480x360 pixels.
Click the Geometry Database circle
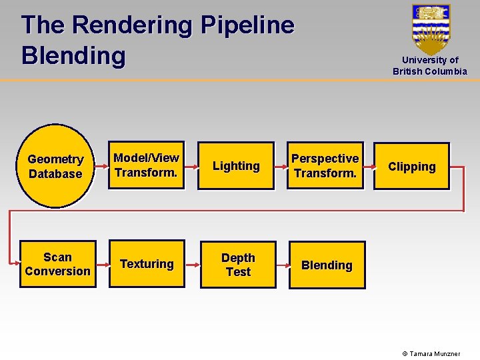(55, 166)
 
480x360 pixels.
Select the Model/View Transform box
(146, 165)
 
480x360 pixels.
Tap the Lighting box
(236, 166)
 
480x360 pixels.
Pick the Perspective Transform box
(325, 166)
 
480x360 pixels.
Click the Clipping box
(411, 167)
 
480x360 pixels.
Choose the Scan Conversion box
(57, 264)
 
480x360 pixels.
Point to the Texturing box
(147, 264)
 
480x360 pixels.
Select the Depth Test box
(238, 265)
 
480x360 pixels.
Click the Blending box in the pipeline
(327, 265)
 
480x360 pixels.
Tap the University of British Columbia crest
(431, 28)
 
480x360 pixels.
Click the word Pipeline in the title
(247, 25)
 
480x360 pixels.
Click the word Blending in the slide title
(73, 55)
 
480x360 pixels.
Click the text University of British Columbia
(430, 65)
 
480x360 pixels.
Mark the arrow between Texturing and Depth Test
(193, 265)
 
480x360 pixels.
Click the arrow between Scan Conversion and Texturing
(103, 264)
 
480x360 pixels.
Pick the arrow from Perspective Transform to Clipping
(369, 167)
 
